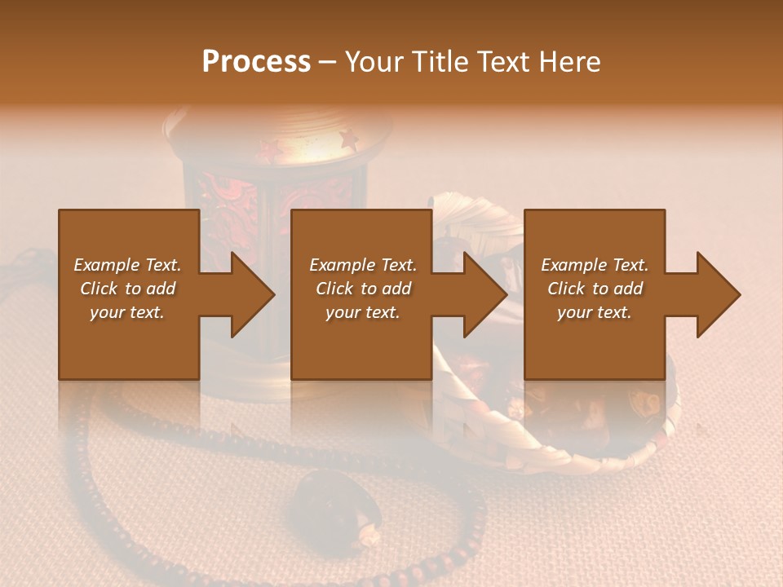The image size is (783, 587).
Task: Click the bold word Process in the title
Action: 256,61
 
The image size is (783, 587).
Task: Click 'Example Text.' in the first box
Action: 127,264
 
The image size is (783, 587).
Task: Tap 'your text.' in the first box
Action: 127,311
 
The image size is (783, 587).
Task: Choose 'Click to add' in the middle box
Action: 363,288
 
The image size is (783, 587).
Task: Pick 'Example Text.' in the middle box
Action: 363,264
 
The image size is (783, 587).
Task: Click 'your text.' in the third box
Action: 595,311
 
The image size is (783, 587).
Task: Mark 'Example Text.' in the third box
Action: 595,264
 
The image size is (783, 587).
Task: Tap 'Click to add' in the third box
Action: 595,288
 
